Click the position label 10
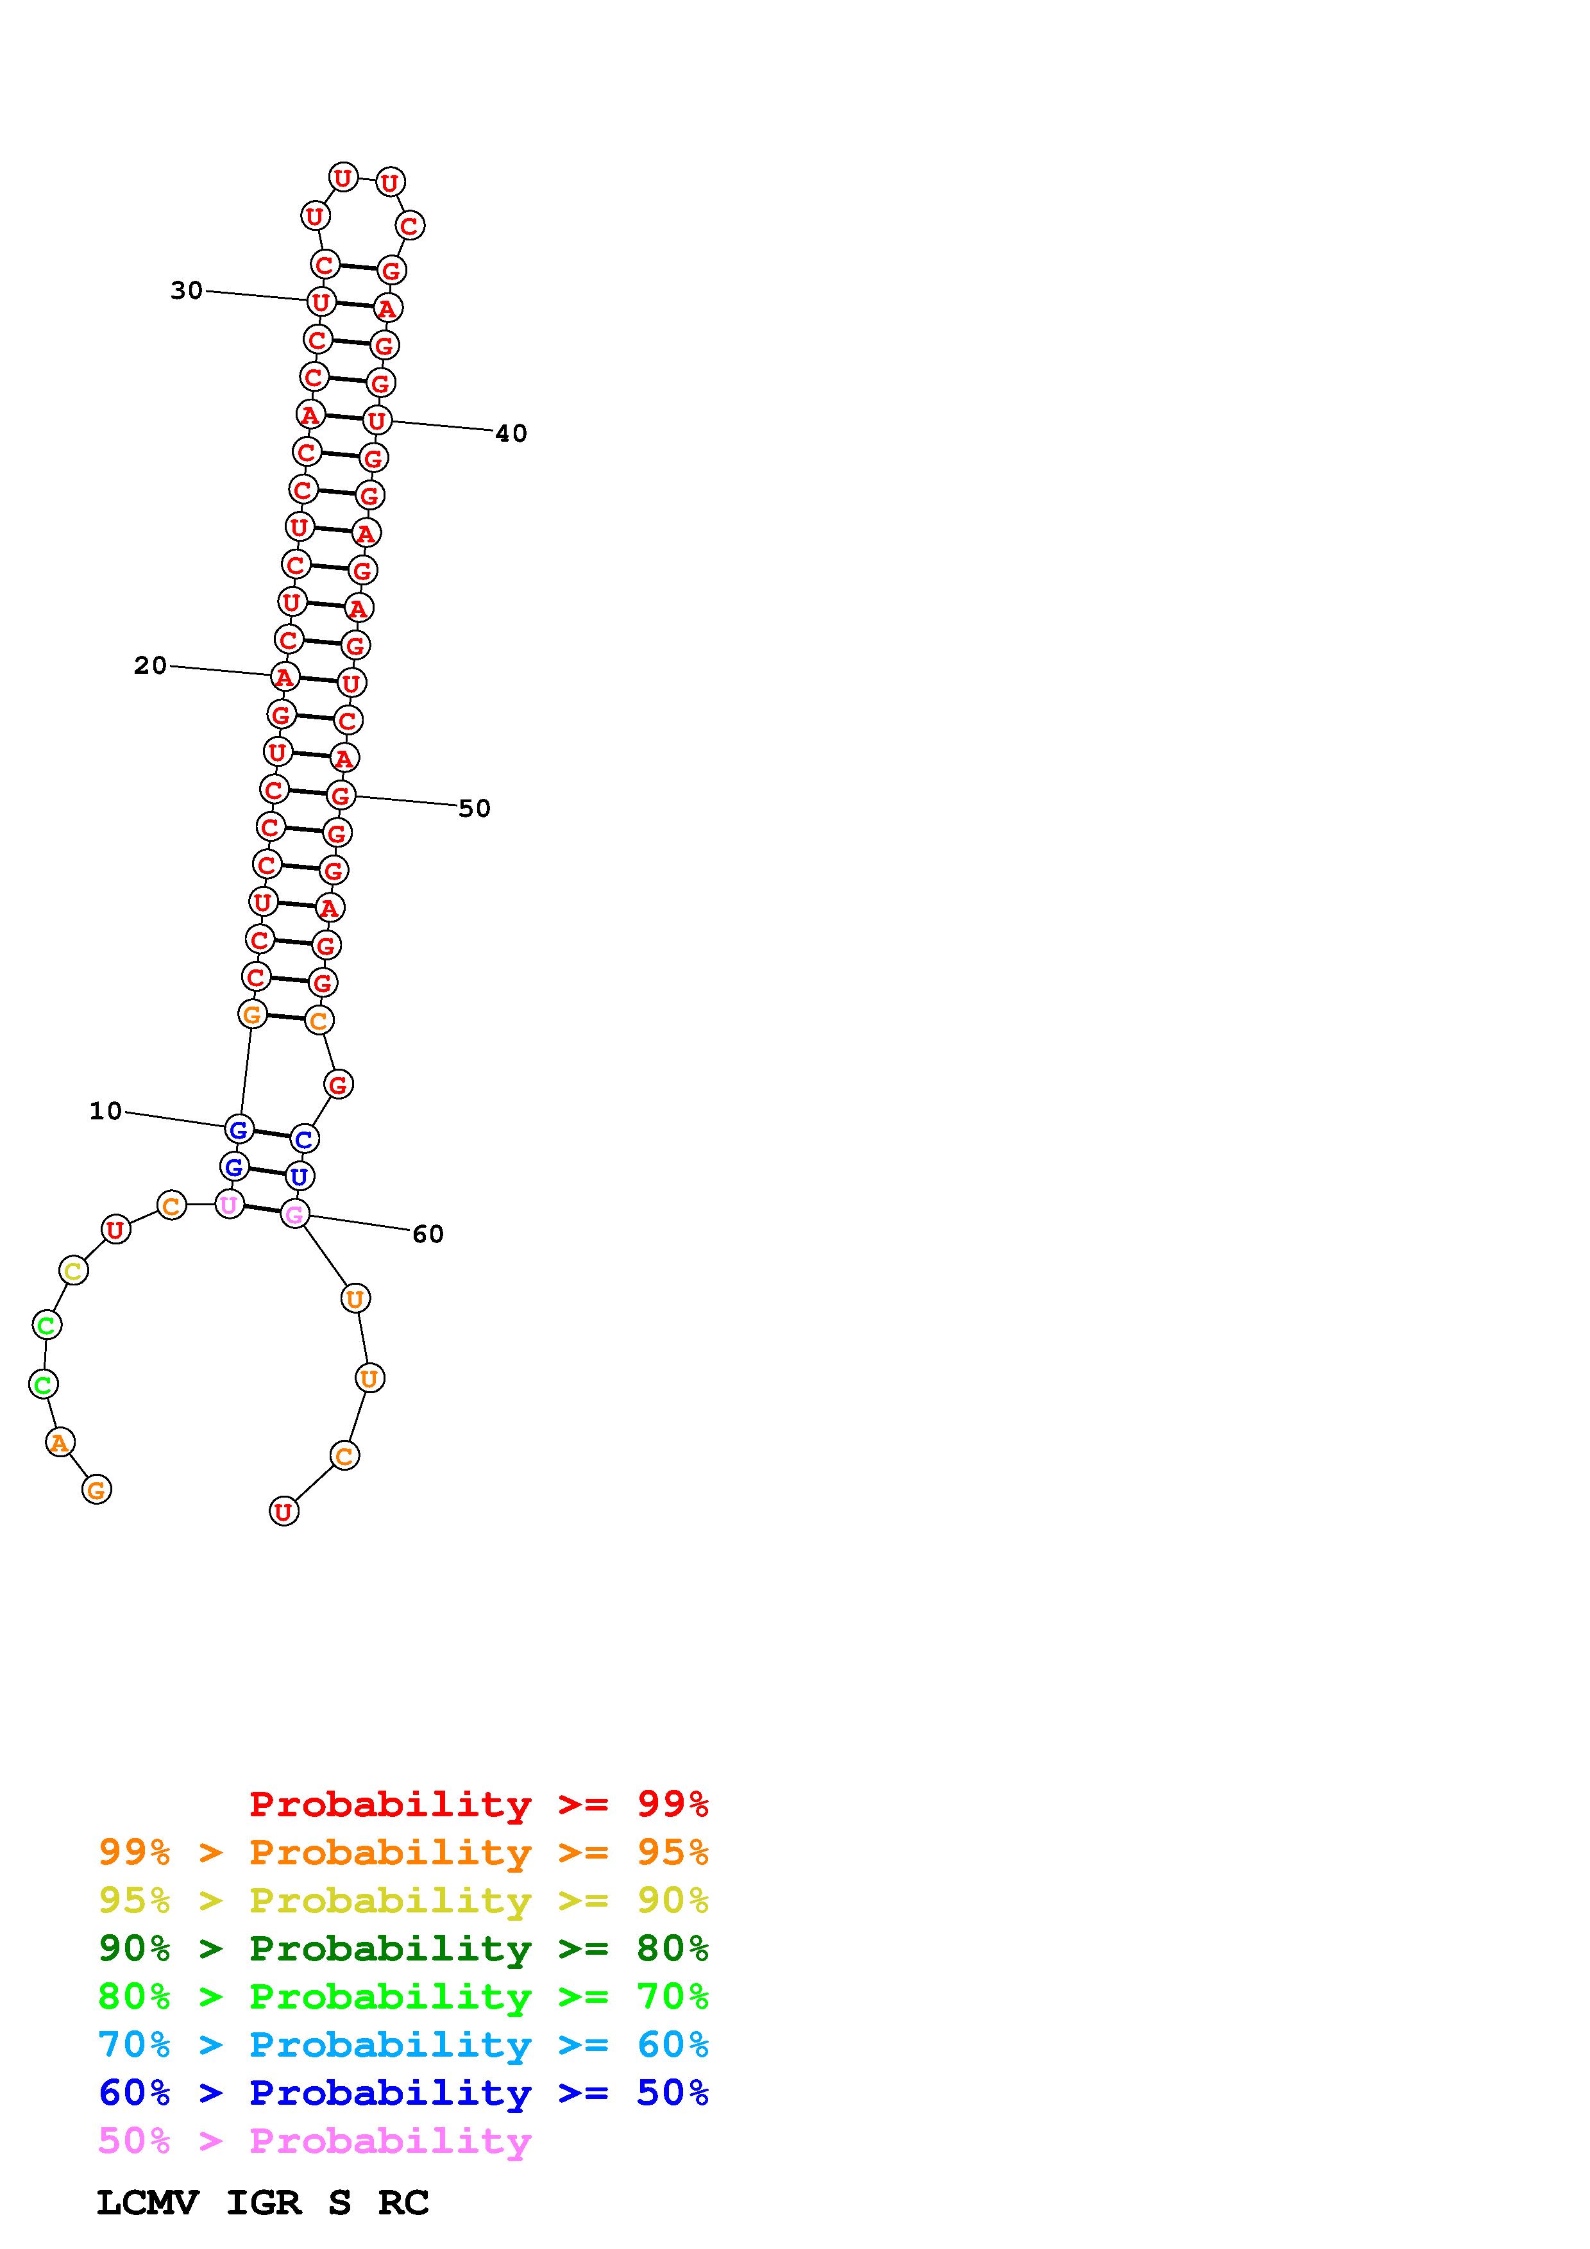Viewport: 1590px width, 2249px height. (106, 1111)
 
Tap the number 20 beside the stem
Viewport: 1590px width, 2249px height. (150, 666)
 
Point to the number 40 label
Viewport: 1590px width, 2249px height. (511, 434)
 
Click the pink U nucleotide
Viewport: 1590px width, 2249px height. (229, 1204)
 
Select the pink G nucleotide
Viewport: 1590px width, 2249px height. (295, 1215)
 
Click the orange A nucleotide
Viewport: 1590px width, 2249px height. (60, 1442)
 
